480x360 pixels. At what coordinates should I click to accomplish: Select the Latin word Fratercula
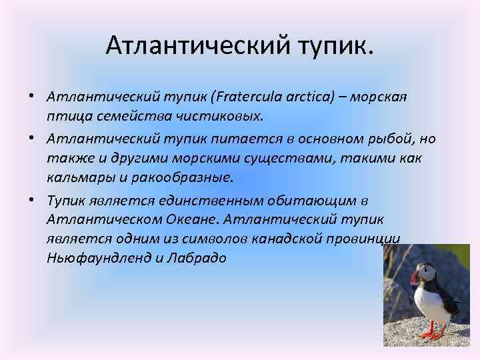[x=244, y=97]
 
